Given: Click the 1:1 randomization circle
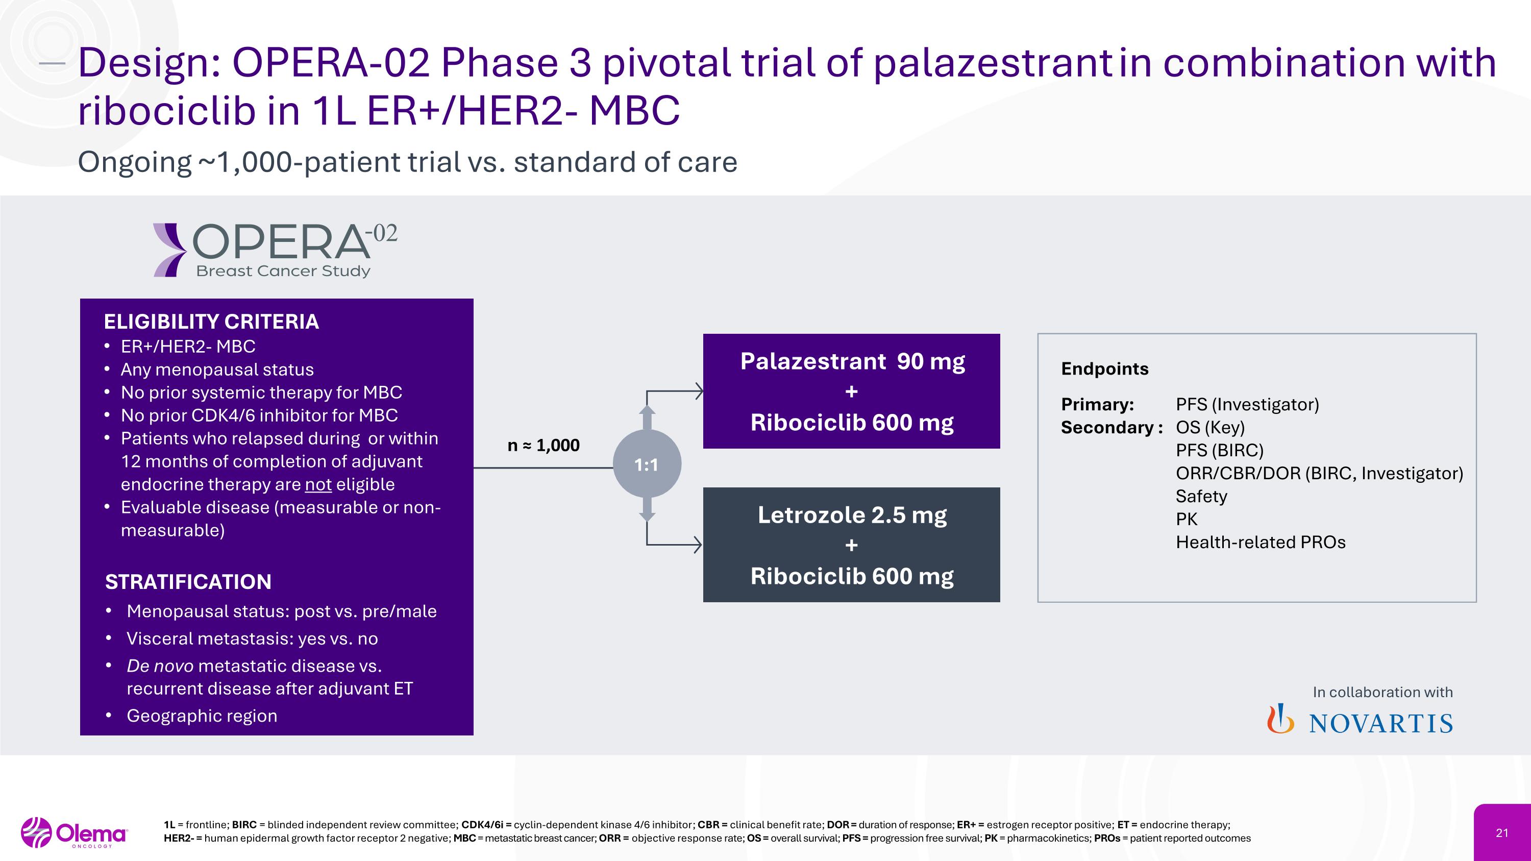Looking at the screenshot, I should click(x=647, y=464).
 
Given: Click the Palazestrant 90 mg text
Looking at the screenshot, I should click(x=852, y=361).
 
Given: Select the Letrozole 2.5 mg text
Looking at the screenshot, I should click(x=852, y=514).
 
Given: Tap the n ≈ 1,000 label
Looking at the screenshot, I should click(x=543, y=445).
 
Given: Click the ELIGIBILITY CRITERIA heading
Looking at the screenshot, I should click(x=211, y=322).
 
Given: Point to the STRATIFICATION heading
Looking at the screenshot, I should click(x=188, y=581).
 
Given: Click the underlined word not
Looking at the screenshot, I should click(x=318, y=484).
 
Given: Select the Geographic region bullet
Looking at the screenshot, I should click(x=202, y=716).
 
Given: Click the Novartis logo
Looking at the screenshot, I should click(x=1360, y=721).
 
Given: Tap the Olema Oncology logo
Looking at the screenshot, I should click(x=75, y=832).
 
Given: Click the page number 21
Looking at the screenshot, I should click(x=1502, y=832).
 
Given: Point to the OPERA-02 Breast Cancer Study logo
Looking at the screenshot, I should click(x=275, y=250).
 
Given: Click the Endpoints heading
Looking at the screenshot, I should click(x=1104, y=368).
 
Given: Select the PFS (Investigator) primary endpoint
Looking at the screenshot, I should click(x=1247, y=405).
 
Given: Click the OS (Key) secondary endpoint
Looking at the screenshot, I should click(x=1209, y=427).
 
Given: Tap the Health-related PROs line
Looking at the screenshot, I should click(x=1260, y=542).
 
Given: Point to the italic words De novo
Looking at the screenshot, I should click(x=160, y=666).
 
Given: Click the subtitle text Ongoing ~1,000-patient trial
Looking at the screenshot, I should click(x=407, y=162).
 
